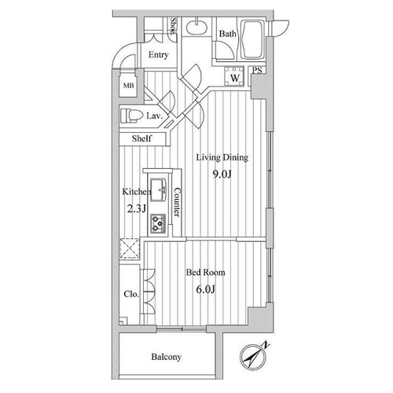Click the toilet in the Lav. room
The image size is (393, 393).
pyautogui.click(x=131, y=116)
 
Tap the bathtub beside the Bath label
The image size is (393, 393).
pyautogui.click(x=252, y=40)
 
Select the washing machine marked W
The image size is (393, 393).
pyautogui.click(x=234, y=76)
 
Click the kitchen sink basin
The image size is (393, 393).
pyautogui.click(x=158, y=189)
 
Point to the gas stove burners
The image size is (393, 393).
pyautogui.click(x=158, y=223)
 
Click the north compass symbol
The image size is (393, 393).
pyautogui.click(x=253, y=356)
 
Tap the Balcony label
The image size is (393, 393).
pyautogui.click(x=166, y=357)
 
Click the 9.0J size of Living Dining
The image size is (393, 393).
pyautogui.click(x=222, y=174)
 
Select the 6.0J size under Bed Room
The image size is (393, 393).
pyautogui.click(x=206, y=290)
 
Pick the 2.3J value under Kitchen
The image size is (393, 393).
pyautogui.click(x=136, y=209)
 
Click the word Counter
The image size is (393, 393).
pyautogui.click(x=177, y=202)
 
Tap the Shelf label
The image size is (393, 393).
pyautogui.click(x=141, y=138)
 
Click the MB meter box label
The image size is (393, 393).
pyautogui.click(x=128, y=86)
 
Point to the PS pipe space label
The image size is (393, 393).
pyautogui.click(x=257, y=70)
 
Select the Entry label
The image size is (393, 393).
pyautogui.click(x=158, y=55)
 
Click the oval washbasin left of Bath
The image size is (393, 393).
pyautogui.click(x=196, y=28)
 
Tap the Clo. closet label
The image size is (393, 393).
pyautogui.click(x=131, y=294)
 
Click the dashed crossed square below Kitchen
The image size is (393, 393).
pyautogui.click(x=130, y=248)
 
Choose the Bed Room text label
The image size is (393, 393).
pyautogui.click(x=206, y=273)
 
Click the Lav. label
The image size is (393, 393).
pyautogui.click(x=154, y=116)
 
